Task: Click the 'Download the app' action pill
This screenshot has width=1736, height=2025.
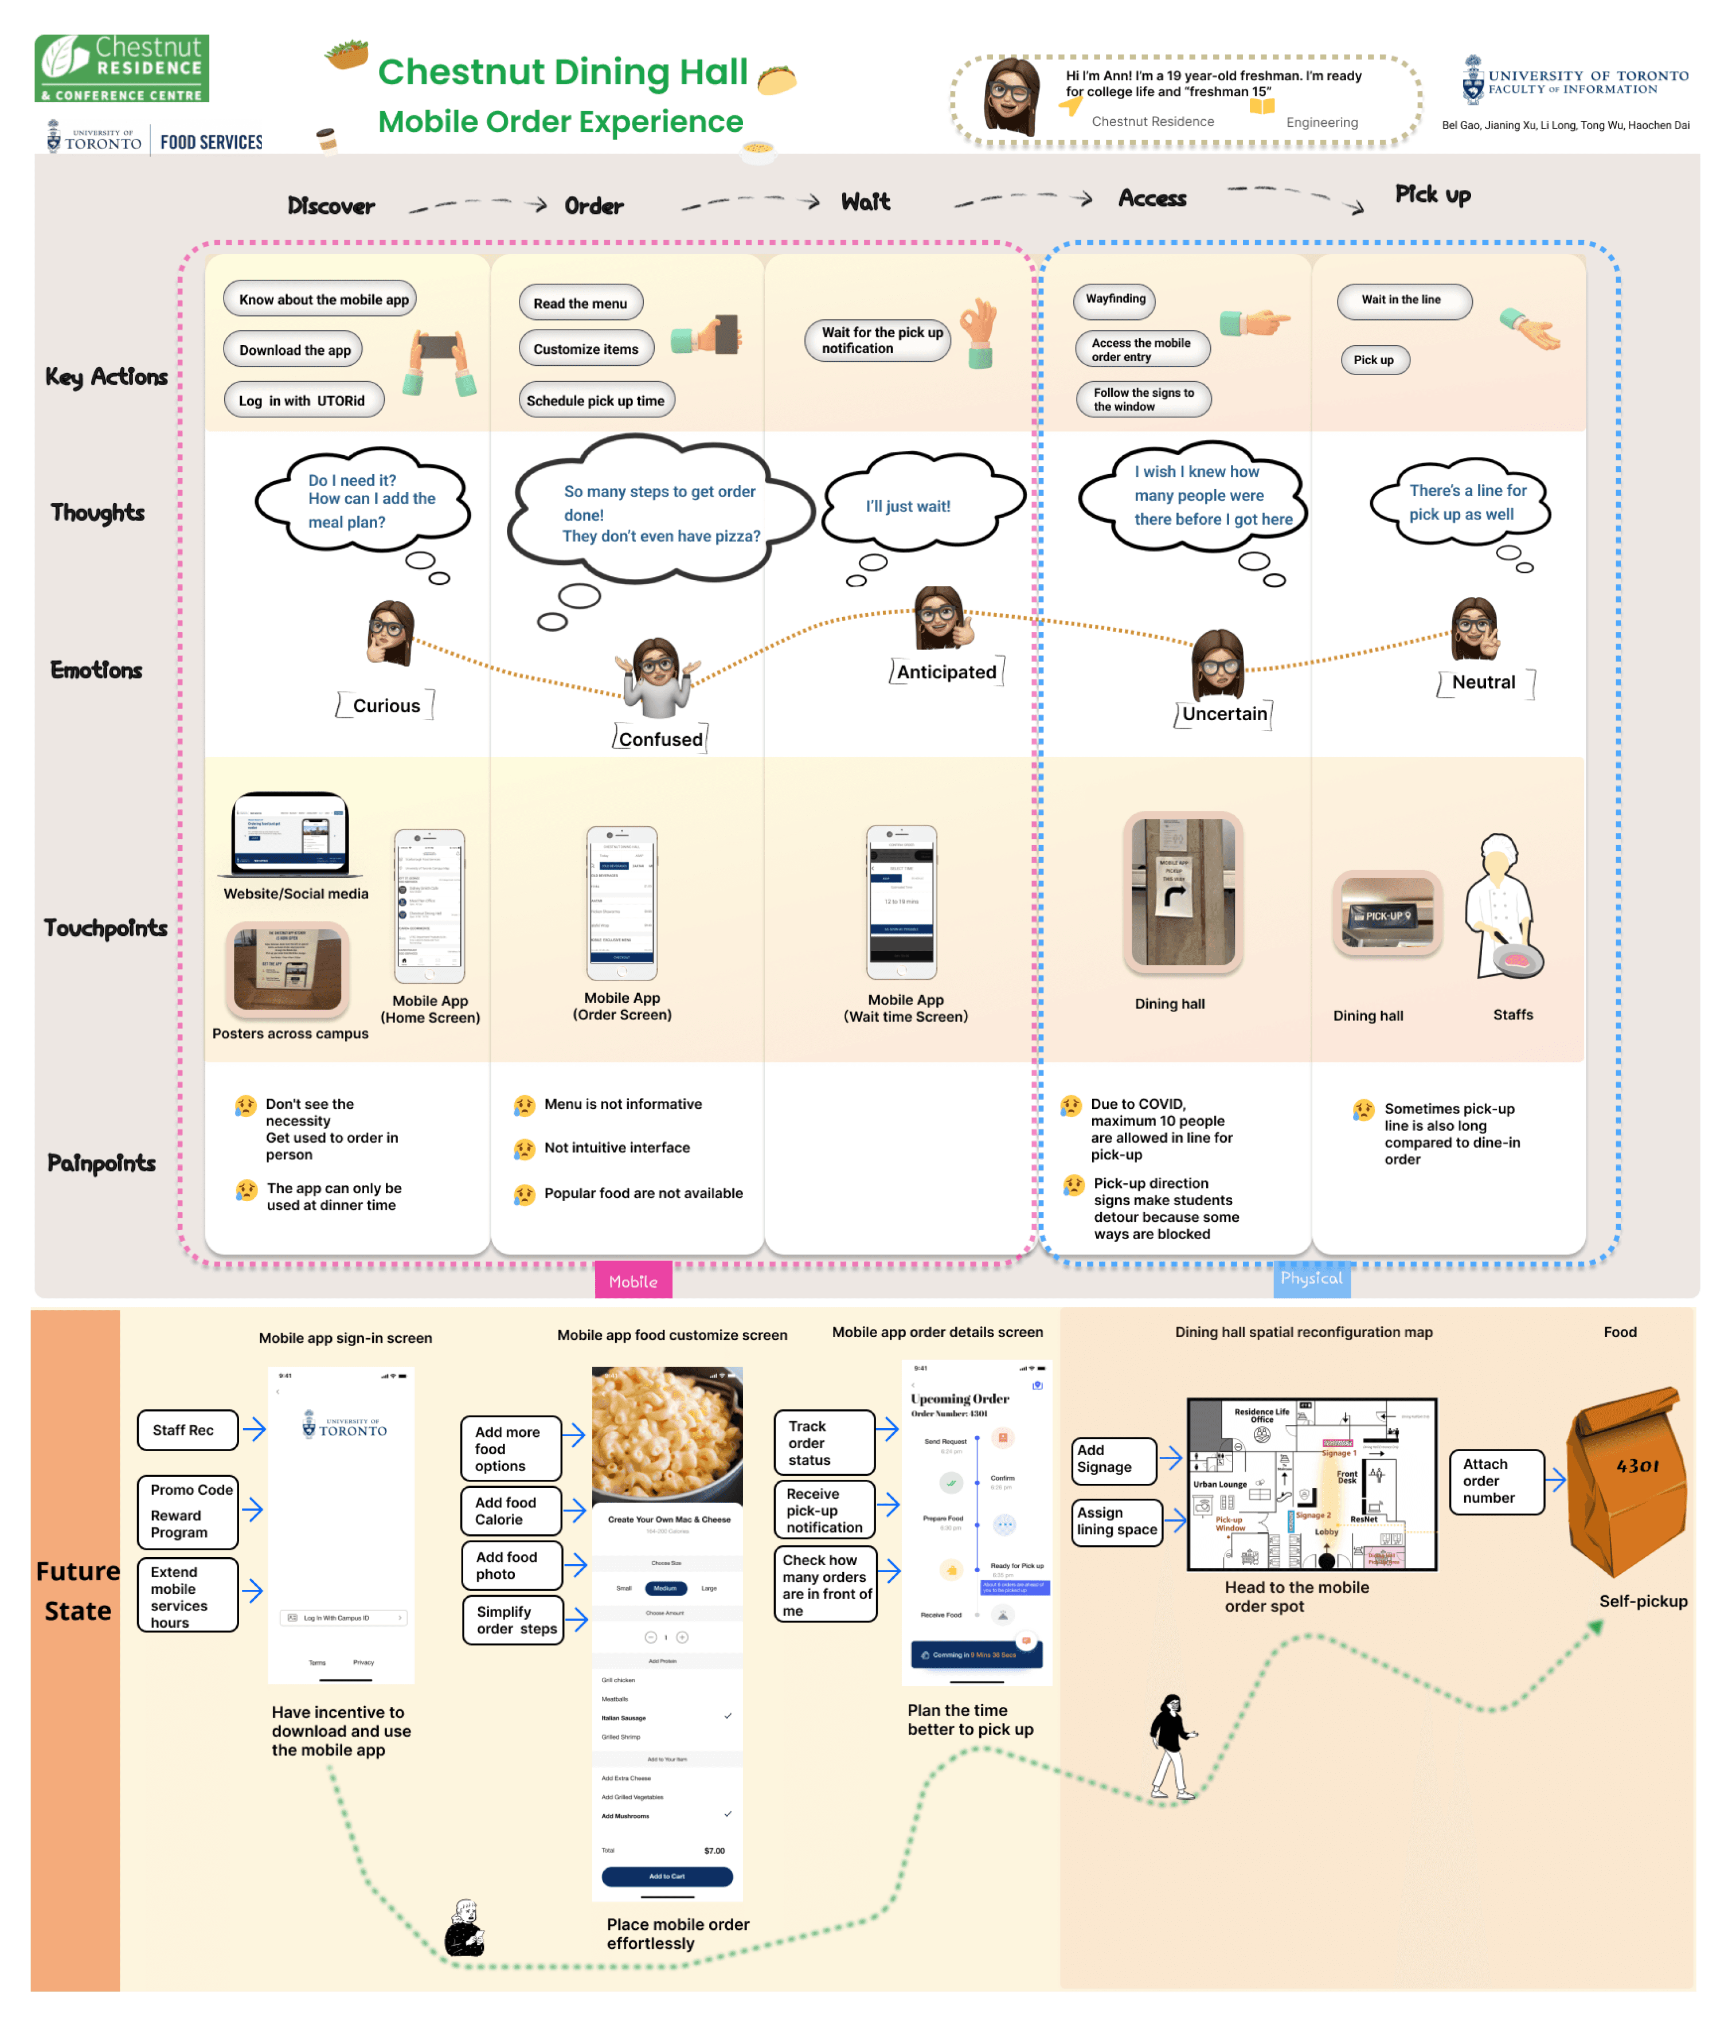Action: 293,350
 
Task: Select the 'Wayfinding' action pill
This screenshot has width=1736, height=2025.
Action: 1115,299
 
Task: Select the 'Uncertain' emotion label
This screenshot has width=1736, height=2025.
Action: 1224,713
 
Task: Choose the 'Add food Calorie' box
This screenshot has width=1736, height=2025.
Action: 510,1511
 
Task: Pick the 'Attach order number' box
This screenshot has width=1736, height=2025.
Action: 1496,1481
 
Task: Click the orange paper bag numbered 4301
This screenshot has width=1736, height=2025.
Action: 1628,1481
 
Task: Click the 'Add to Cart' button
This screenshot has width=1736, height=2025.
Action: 667,1875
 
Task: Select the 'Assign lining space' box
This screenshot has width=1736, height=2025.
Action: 1117,1520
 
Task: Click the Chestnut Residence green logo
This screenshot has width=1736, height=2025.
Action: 122,68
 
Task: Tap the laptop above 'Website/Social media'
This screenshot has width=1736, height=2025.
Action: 291,835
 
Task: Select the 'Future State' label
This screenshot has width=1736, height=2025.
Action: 77,1590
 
